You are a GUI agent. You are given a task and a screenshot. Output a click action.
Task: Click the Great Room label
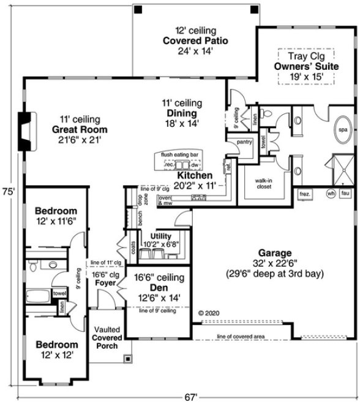80,129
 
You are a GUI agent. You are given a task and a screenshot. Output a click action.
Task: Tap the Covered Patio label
195,40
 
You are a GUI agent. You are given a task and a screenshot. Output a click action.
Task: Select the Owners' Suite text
303,66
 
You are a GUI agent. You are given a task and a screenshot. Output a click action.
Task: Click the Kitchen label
195,175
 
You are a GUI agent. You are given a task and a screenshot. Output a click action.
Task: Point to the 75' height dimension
7,191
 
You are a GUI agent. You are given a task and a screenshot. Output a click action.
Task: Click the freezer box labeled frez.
306,194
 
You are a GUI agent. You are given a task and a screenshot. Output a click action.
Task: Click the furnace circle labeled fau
345,194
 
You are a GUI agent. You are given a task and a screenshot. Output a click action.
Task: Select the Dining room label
181,113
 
